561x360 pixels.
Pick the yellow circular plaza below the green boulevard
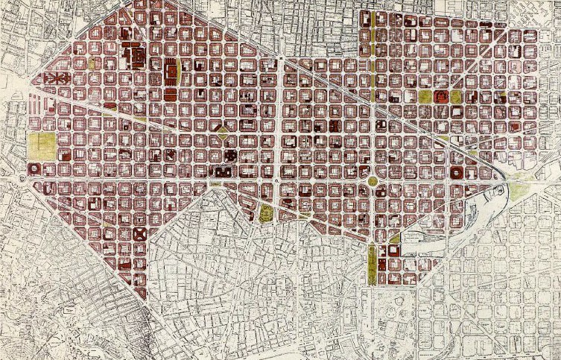tap(372, 181)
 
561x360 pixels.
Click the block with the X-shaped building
tap(139, 234)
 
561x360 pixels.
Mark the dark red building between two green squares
tap(440, 96)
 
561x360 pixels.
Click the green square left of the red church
tap(425, 96)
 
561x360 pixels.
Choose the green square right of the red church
tap(456, 96)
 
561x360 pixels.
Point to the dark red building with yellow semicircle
tap(172, 72)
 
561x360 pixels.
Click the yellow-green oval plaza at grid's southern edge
tap(266, 215)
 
